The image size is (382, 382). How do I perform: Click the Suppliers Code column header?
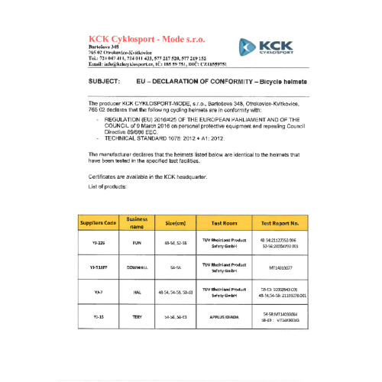pos(98,223)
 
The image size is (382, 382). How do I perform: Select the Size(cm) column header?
pos(171,223)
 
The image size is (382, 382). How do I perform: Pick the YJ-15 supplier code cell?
pos(98,316)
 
